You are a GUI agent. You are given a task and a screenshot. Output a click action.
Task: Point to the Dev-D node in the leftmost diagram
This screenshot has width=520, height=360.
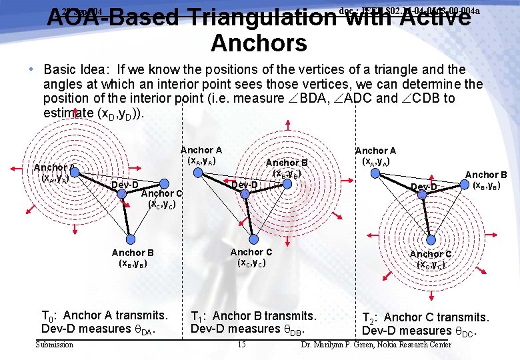(x=122, y=193)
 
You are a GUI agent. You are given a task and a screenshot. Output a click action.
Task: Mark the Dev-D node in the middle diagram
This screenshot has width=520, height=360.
(x=245, y=193)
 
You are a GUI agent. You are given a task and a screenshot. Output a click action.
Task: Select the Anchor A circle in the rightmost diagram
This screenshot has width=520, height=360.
(x=375, y=173)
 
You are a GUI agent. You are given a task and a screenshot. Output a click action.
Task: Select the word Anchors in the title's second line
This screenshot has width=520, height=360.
(x=259, y=43)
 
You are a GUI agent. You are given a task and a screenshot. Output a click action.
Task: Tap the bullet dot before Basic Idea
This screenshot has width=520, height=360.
(x=31, y=69)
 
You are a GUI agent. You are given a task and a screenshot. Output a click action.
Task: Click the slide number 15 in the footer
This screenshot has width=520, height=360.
(x=241, y=345)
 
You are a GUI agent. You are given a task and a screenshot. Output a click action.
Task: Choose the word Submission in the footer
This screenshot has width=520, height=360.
(x=54, y=345)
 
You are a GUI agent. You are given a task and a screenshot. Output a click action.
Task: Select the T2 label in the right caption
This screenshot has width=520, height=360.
(x=369, y=318)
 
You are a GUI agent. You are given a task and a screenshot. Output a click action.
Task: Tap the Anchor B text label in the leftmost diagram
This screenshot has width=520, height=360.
(x=133, y=253)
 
